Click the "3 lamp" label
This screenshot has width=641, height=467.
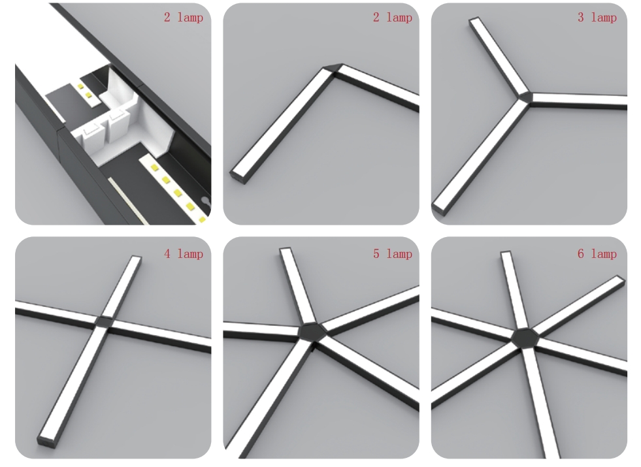click(x=597, y=18)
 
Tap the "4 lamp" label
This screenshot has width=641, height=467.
click(x=184, y=254)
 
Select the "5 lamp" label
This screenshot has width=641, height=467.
click(x=393, y=254)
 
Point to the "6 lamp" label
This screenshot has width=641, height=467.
click(x=597, y=254)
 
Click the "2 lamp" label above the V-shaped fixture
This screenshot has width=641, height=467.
click(x=393, y=18)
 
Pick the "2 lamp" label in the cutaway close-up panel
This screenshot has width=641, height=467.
click(x=184, y=18)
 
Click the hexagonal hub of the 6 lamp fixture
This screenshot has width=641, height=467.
click(x=525, y=339)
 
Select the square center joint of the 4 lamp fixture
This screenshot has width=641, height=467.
click(x=105, y=321)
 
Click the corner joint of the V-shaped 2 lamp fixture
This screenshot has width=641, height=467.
click(x=334, y=69)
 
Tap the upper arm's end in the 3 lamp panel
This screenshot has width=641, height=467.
click(x=474, y=20)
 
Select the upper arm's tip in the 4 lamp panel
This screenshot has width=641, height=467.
click(x=136, y=258)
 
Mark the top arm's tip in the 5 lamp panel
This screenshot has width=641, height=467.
click(x=285, y=250)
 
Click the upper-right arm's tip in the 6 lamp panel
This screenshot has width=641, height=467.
click(x=621, y=280)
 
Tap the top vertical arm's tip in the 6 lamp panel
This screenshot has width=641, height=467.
click(x=506, y=253)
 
